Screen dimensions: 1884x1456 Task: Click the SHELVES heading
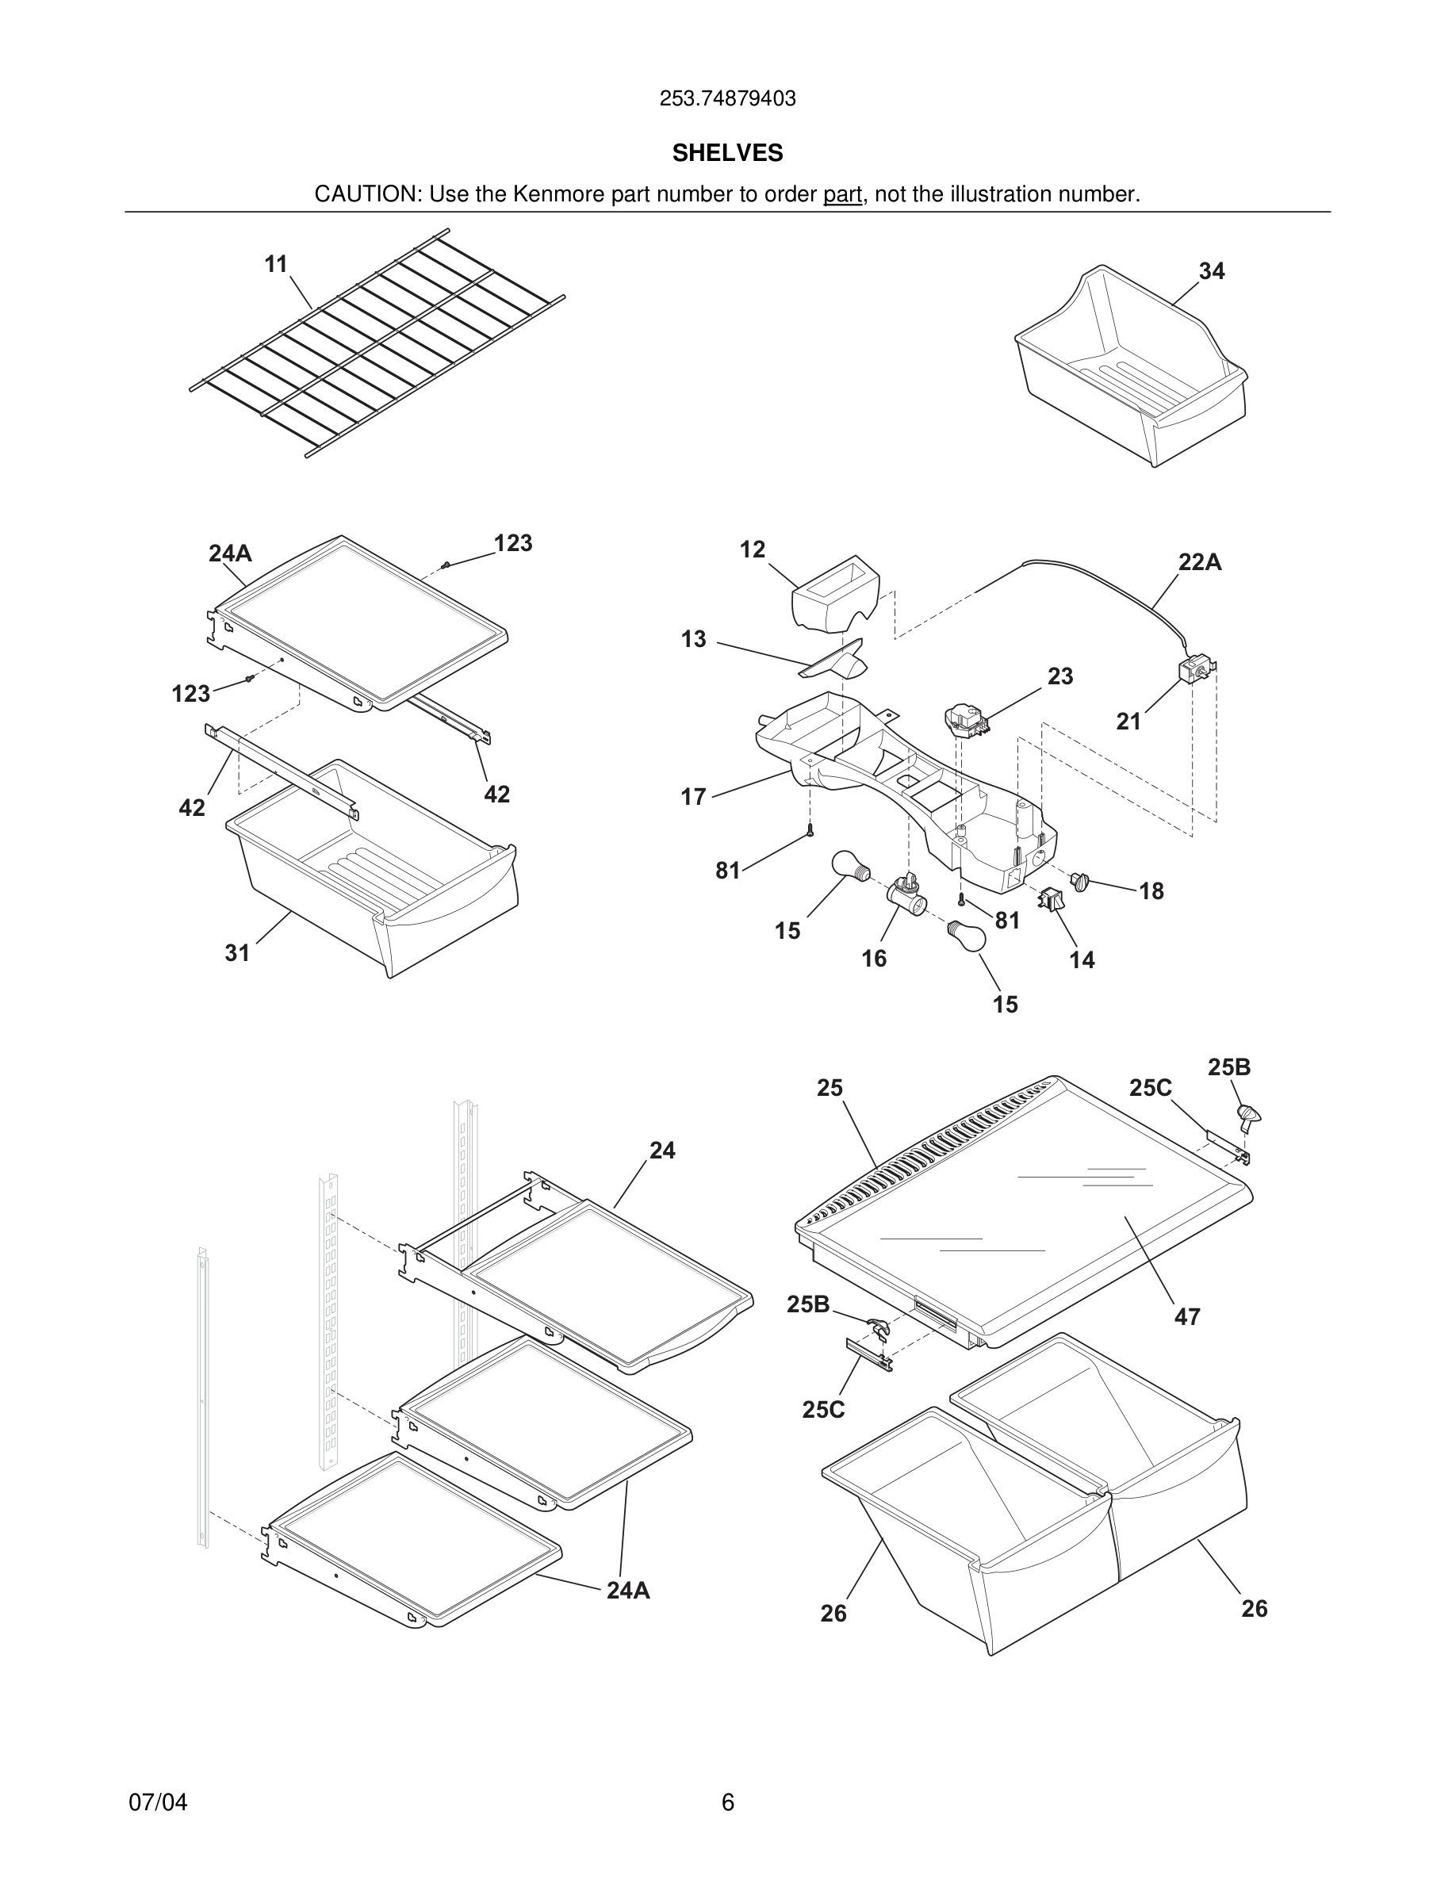click(x=727, y=153)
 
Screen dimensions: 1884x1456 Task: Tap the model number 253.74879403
click(x=727, y=99)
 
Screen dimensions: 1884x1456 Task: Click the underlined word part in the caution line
click(x=842, y=195)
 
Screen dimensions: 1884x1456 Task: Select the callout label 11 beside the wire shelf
click(x=276, y=264)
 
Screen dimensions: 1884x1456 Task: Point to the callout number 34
click(x=1211, y=271)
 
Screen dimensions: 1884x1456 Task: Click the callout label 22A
click(x=1200, y=562)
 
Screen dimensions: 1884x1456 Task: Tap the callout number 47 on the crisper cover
click(x=1187, y=1317)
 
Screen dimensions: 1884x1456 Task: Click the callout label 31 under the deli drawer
click(x=237, y=952)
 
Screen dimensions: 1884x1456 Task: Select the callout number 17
click(x=693, y=797)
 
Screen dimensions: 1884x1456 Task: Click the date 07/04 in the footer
click(x=158, y=1802)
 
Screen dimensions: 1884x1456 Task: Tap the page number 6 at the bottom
click(x=727, y=1802)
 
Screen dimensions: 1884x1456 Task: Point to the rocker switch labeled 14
click(x=1052, y=900)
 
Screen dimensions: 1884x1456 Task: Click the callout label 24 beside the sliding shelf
click(x=661, y=1150)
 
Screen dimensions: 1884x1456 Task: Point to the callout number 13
click(x=693, y=639)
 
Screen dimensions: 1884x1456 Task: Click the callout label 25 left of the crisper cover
click(x=829, y=1088)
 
